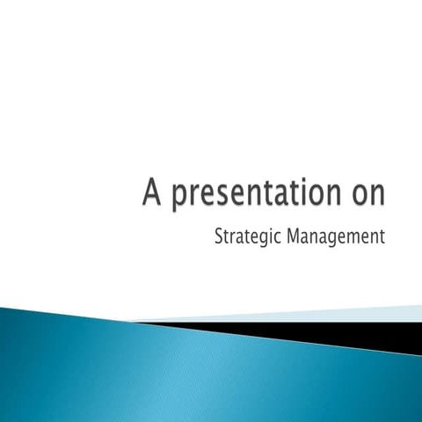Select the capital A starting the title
click(x=153, y=192)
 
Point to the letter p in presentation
click(x=178, y=197)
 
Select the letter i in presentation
click(x=296, y=192)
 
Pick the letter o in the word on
click(x=353, y=195)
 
